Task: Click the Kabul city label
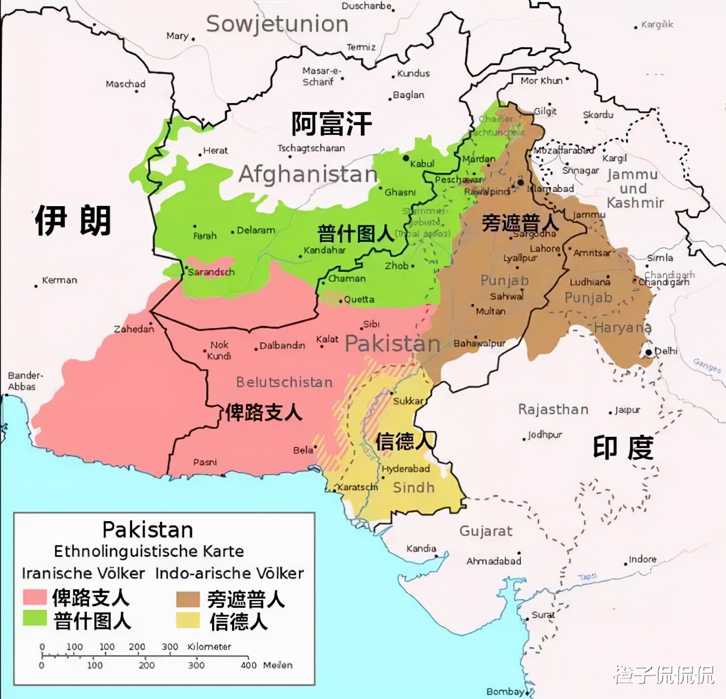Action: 422,164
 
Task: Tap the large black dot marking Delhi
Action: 648,352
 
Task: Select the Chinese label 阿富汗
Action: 331,123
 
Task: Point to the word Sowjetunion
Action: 277,24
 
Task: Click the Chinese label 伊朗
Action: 73,221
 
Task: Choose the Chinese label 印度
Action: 623,448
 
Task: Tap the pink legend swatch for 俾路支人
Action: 35,597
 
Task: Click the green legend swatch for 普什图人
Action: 35,618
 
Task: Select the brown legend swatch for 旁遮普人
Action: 188,599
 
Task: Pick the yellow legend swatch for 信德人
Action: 188,620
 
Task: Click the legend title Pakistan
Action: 147,530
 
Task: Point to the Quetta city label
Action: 359,299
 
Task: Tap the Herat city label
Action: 215,151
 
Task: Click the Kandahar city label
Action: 324,250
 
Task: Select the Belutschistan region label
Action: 284,382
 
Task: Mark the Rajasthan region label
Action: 553,410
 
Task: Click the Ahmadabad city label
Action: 493,561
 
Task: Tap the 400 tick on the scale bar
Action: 248,665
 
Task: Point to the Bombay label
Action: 505,691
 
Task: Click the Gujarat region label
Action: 486,531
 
